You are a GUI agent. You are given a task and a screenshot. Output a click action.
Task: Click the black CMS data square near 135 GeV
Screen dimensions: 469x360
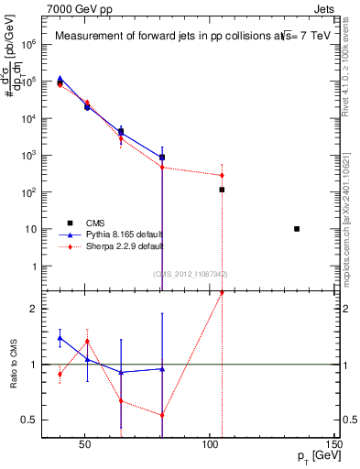pyautogui.click(x=297, y=229)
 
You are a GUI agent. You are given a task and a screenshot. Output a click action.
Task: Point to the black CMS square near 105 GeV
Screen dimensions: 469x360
pyautogui.click(x=222, y=190)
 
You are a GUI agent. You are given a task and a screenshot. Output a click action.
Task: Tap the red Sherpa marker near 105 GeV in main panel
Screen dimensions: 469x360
pyautogui.click(x=222, y=175)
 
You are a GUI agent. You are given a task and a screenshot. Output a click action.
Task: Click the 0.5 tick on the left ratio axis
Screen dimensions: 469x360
pyautogui.click(x=39, y=420)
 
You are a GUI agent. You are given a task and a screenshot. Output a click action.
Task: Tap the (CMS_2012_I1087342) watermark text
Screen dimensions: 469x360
pyautogui.click(x=191, y=274)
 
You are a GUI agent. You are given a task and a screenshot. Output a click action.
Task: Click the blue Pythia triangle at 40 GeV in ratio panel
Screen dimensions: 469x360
pyautogui.click(x=60, y=338)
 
